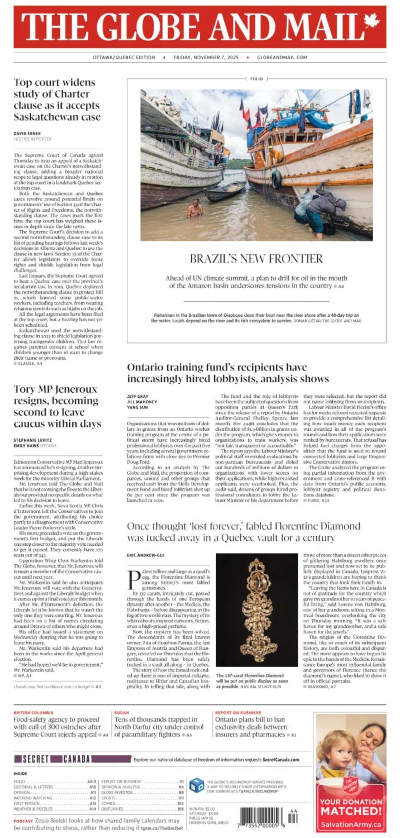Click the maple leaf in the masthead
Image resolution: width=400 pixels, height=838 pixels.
tap(371, 22)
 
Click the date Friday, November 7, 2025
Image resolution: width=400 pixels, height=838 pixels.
tap(206, 58)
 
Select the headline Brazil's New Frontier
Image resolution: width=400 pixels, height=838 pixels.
tap(256, 259)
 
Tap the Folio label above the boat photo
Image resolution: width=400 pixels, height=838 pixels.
tap(256, 79)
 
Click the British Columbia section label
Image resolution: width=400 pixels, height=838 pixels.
tap(34, 713)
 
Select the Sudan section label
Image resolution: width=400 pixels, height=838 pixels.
tap(122, 713)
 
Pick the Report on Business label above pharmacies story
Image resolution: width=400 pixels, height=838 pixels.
tap(238, 713)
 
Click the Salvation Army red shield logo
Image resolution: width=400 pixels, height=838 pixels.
tap(350, 784)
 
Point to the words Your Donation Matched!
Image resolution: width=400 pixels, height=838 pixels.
tap(351, 807)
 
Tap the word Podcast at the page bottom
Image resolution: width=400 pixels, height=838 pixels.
tap(23, 821)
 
